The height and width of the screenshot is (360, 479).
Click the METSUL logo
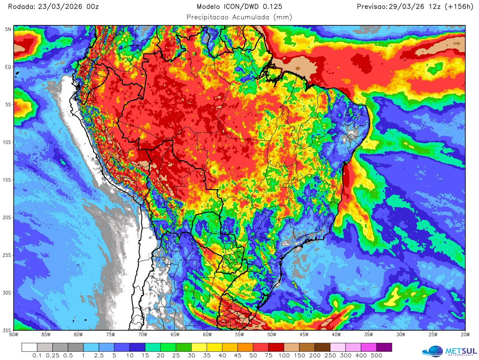tap(450, 351)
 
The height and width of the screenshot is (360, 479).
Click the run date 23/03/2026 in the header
tap(60, 7)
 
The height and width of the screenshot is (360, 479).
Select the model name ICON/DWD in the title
tap(242, 7)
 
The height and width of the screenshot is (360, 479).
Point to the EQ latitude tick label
tap(8, 67)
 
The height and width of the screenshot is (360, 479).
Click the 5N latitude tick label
tap(8, 29)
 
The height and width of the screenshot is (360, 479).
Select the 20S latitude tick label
tap(7, 218)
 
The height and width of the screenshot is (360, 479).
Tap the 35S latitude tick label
tap(7, 330)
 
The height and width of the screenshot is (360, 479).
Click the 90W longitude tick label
tap(14, 335)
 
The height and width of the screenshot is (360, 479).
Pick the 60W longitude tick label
tap(207, 335)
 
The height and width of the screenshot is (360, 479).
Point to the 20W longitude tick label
tap(465, 335)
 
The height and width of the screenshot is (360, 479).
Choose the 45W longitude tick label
tap(304, 335)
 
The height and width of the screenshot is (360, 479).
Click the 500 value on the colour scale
tap(376, 356)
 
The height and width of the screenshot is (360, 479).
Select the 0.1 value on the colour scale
tap(37, 356)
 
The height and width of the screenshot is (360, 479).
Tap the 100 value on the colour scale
tap(284, 356)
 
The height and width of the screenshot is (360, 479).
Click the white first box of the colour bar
tap(29, 347)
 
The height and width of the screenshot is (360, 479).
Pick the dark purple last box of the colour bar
tap(384, 347)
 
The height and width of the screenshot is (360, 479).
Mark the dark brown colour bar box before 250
tap(322, 347)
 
